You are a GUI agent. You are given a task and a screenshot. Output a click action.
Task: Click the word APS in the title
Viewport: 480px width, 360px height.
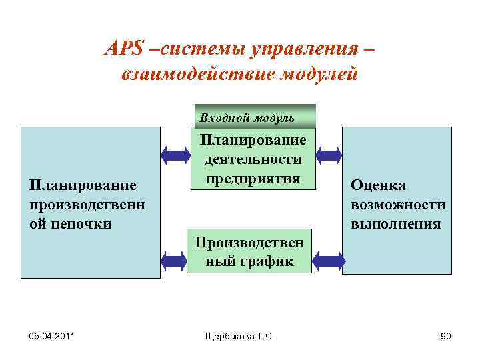click(123, 49)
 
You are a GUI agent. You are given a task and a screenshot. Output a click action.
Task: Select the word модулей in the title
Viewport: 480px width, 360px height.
click(320, 73)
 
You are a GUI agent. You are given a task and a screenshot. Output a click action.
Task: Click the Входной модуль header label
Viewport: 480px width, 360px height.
click(247, 118)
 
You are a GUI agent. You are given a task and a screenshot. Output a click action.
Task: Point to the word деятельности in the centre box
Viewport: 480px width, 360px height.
click(253, 159)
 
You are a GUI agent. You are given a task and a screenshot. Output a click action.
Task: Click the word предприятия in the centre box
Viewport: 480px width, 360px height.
click(253, 178)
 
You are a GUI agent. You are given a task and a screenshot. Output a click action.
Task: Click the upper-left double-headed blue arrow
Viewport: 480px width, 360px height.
click(175, 155)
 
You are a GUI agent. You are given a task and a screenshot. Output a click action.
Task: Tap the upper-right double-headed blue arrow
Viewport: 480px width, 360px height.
click(328, 155)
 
